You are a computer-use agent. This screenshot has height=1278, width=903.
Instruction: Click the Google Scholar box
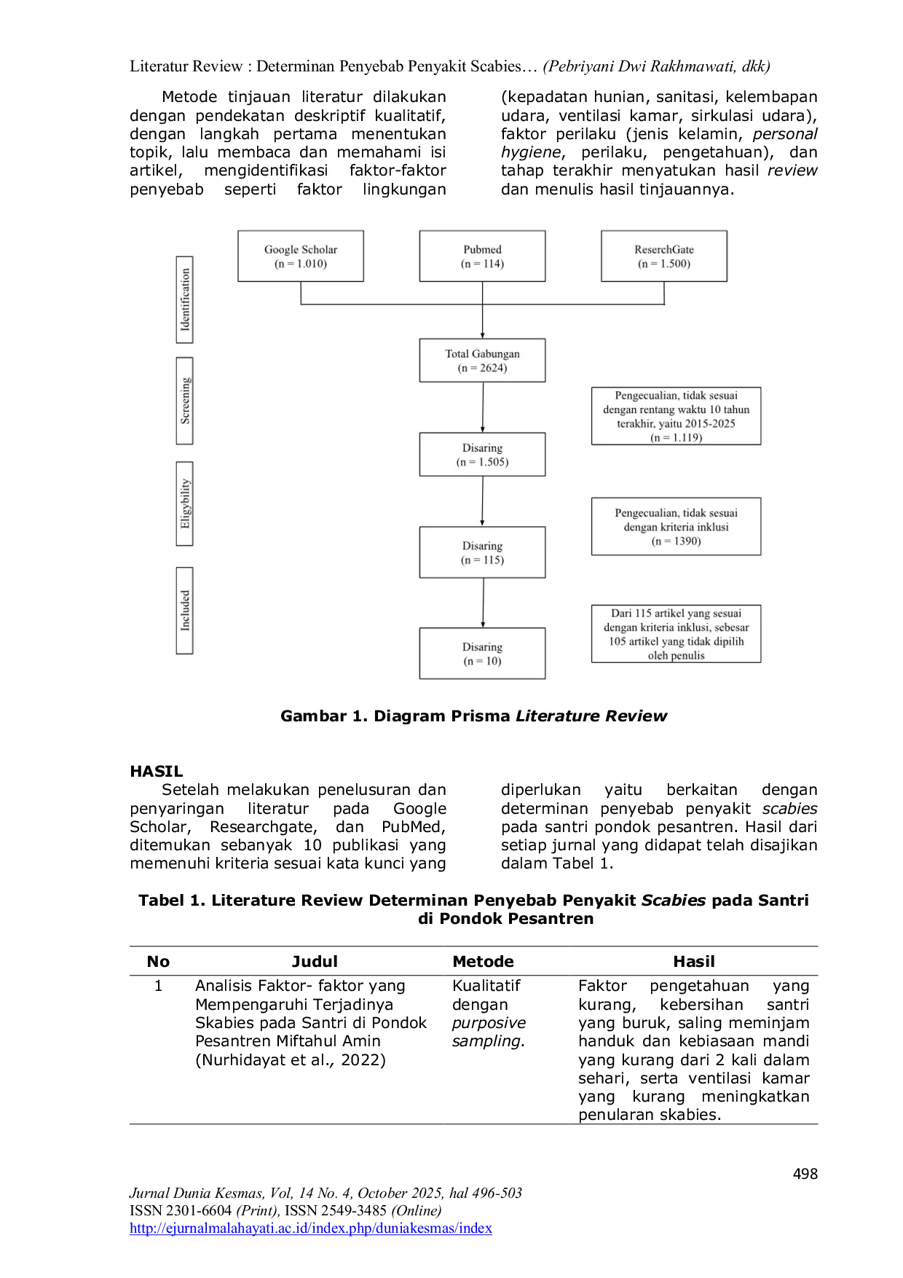click(x=300, y=256)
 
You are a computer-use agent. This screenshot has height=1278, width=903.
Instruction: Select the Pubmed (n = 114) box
click(x=482, y=256)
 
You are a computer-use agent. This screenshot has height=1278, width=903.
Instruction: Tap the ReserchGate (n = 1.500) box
click(x=663, y=256)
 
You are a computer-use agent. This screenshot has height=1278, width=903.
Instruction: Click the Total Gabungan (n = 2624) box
click(x=482, y=361)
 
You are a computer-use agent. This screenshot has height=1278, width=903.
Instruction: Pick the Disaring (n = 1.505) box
click(x=482, y=455)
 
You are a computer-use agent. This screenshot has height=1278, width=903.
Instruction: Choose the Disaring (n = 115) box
click(x=482, y=553)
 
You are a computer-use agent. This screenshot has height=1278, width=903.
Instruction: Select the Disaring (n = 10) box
click(x=482, y=654)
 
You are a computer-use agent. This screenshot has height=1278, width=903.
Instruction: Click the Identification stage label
click(x=185, y=299)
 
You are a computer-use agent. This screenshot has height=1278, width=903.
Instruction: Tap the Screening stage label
click(x=185, y=401)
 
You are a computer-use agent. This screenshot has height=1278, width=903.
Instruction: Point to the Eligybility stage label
click(x=185, y=503)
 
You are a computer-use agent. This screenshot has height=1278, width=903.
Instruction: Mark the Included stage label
click(x=185, y=611)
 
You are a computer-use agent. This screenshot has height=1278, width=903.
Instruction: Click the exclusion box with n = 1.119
click(x=676, y=416)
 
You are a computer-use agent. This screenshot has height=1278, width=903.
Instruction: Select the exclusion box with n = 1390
click(x=676, y=527)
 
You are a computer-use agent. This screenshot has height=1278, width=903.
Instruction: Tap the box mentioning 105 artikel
click(x=676, y=634)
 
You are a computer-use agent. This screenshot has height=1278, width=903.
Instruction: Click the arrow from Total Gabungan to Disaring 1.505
click(x=483, y=407)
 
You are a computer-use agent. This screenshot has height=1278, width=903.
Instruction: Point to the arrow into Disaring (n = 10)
click(x=483, y=603)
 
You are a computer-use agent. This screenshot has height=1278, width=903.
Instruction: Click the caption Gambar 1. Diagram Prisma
click(x=473, y=716)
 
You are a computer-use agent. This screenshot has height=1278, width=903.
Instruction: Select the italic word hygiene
click(x=531, y=152)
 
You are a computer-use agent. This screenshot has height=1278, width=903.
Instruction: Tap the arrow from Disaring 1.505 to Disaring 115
click(x=483, y=502)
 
